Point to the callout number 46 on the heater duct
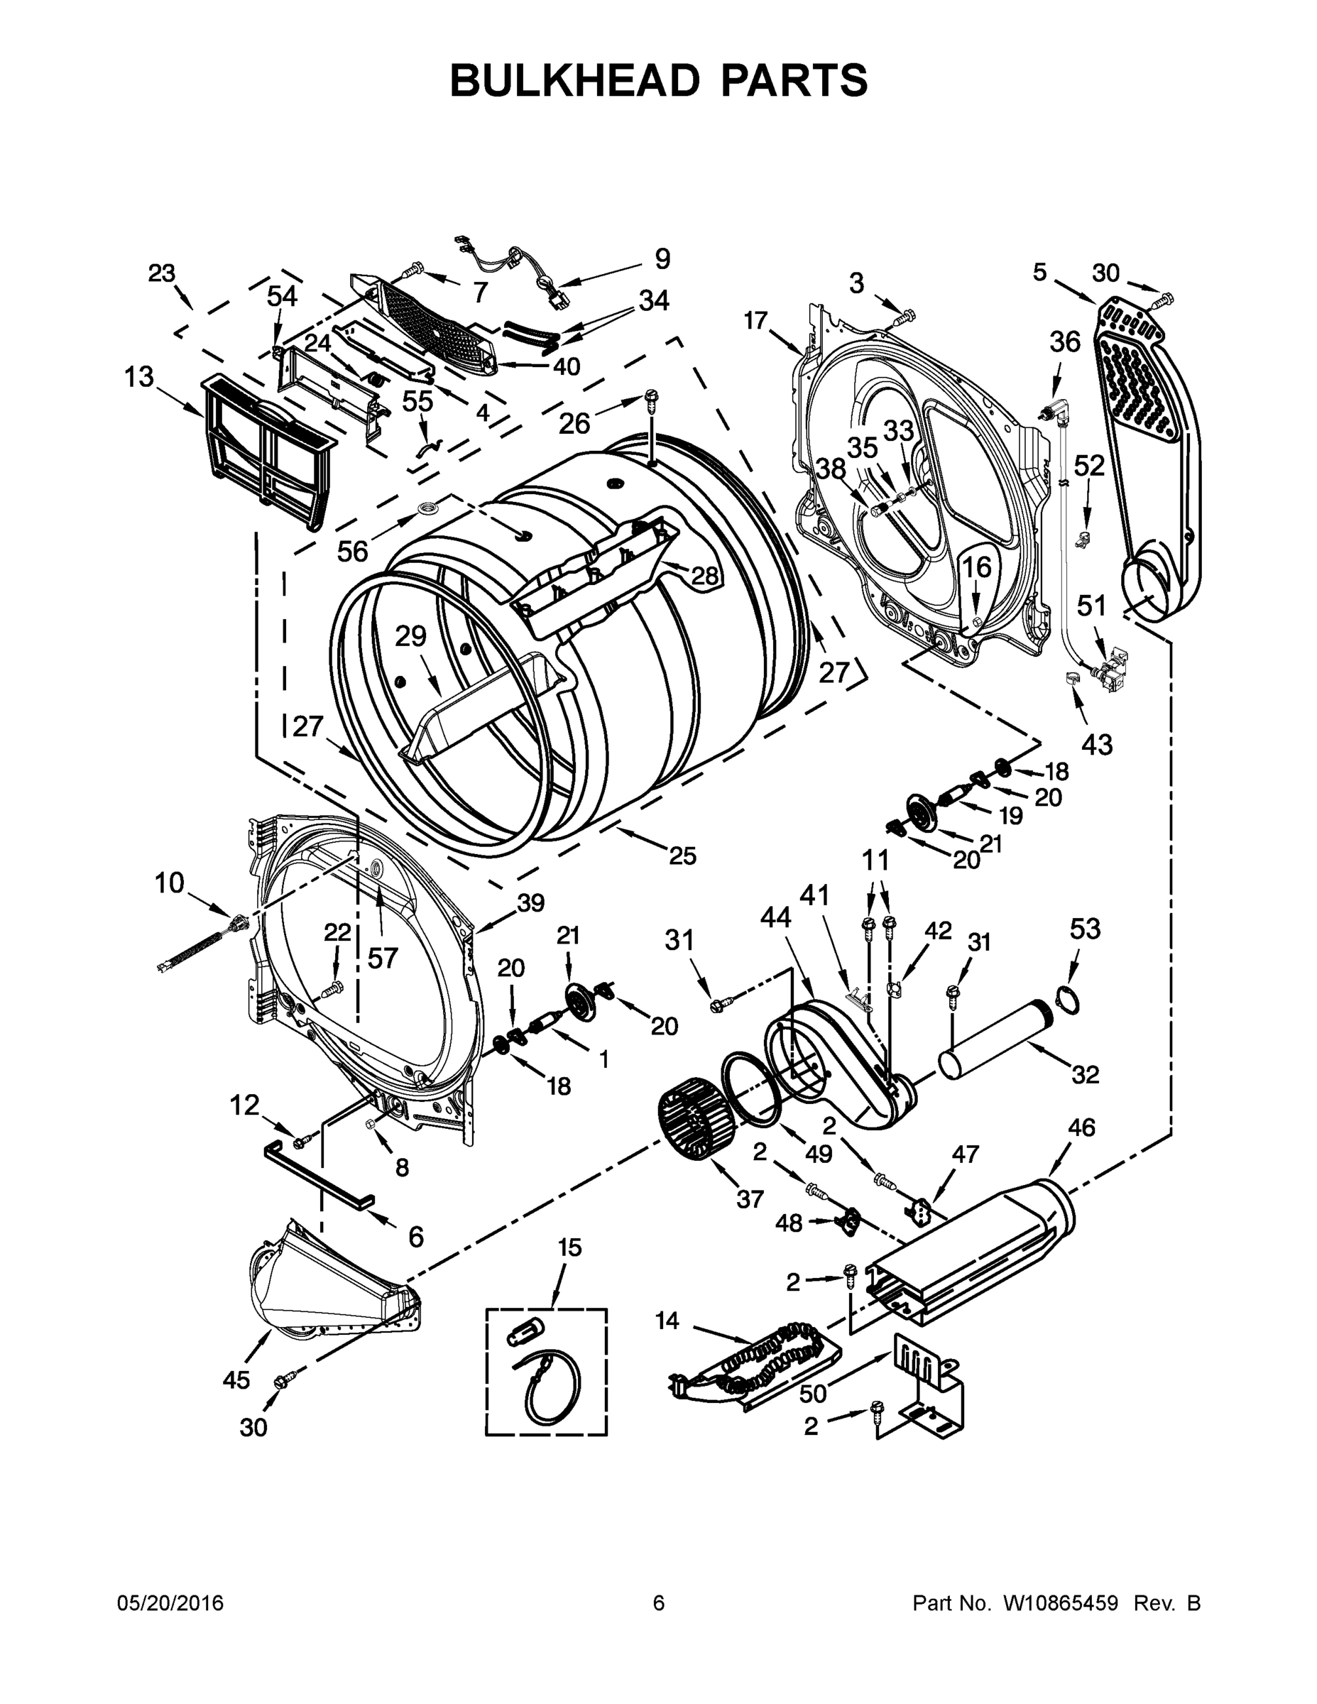click(x=1081, y=1127)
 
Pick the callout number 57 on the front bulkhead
click(x=383, y=957)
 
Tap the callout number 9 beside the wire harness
click(x=662, y=259)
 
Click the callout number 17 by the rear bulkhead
click(x=755, y=321)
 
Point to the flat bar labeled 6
click(x=318, y=1172)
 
